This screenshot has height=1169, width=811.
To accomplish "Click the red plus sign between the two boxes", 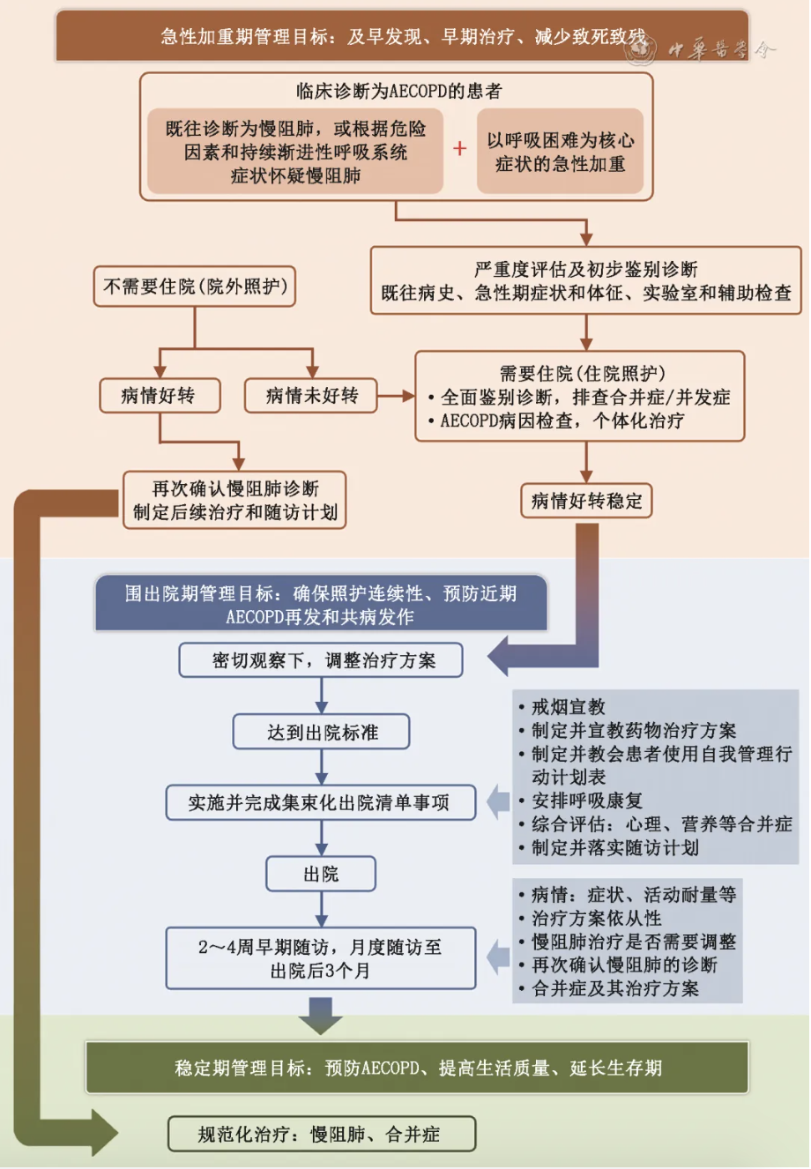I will coord(459,149).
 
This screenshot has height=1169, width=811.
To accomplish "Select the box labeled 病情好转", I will coord(158,396).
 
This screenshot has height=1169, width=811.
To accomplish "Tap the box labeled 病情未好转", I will coord(311,396).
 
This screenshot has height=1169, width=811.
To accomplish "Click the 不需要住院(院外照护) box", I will coord(195,287).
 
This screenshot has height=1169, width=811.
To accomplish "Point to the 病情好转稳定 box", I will coord(586,502).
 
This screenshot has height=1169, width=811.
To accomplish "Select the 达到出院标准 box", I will coord(322,732).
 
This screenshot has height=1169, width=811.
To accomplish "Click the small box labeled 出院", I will coord(321,874).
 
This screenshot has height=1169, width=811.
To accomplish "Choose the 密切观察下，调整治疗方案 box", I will coord(321,660).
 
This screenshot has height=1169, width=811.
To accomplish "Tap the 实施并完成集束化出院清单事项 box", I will coord(321,802).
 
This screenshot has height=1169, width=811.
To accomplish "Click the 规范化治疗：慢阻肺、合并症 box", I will coord(322,1134).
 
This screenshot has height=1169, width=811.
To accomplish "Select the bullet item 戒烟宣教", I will coord(569,707).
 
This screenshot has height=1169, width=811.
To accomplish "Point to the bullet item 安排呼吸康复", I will coord(587,800).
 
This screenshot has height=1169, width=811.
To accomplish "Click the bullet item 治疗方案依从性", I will coord(596,918).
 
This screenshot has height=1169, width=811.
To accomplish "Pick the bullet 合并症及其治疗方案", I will coord(615,988).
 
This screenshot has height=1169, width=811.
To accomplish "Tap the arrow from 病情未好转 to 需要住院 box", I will coord(396,396).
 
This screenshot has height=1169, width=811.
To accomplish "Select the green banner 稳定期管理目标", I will coord(417,1068).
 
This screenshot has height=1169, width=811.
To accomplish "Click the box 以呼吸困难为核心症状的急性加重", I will coord(560,152).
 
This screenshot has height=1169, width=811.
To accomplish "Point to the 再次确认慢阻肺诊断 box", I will coord(234,500).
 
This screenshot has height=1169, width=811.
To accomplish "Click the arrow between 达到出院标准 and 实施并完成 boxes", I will coord(322,767).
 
